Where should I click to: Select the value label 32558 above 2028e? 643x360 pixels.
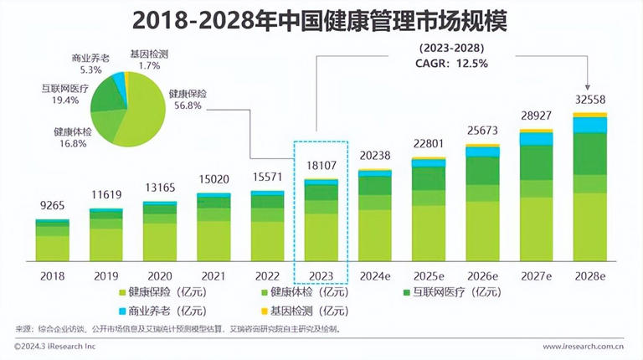pyautogui.click(x=589, y=99)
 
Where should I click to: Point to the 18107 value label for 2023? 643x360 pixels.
pyautogui.click(x=321, y=165)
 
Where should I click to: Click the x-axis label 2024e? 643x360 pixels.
pyautogui.click(x=374, y=275)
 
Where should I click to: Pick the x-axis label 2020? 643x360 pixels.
pyautogui.click(x=159, y=275)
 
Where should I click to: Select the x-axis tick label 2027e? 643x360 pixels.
pyautogui.click(x=536, y=275)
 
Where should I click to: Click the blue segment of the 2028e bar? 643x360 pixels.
pyautogui.click(x=589, y=125)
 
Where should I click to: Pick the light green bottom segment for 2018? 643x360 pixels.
pyautogui.click(x=52, y=247)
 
